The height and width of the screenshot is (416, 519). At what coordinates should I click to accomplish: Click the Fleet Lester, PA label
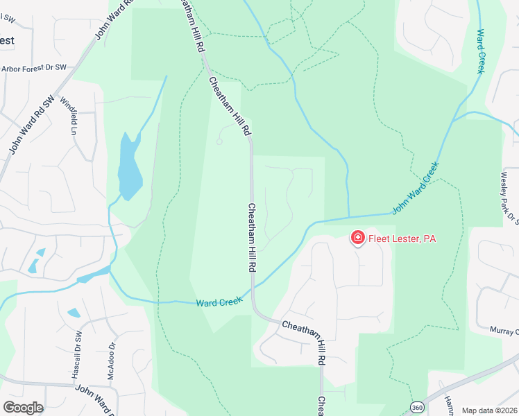pyautogui.click(x=402, y=239)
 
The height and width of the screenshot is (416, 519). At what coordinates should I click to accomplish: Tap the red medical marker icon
pyautogui.click(x=358, y=239)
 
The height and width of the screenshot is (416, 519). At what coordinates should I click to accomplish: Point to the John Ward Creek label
pyautogui.click(x=416, y=187)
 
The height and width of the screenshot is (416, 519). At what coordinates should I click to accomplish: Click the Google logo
pyautogui.click(x=23, y=407)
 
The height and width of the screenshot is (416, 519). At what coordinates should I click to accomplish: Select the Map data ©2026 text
pyautogui.click(x=489, y=410)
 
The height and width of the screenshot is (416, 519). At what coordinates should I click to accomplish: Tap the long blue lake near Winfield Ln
pyautogui.click(x=129, y=166)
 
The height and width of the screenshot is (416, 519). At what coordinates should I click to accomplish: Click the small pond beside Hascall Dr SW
pyautogui.click(x=74, y=313)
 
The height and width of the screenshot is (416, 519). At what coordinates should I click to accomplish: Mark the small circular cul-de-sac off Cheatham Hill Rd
pyautogui.click(x=219, y=141)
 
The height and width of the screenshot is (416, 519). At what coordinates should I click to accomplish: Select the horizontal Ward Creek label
pyautogui.click(x=219, y=302)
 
